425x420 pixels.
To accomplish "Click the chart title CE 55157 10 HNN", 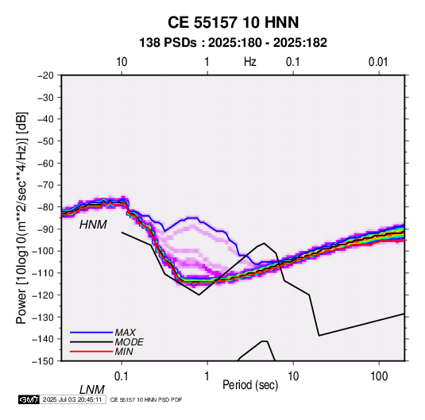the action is tap(233, 22).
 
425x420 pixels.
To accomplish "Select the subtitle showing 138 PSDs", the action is tap(233, 43).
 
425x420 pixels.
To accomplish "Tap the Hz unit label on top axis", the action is tap(250, 62).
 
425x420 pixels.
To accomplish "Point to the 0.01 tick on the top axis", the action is tap(378, 62).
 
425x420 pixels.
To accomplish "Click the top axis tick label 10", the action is tap(122, 62).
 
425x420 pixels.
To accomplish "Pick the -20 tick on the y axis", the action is tap(45, 75).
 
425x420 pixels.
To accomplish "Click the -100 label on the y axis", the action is tap(44, 251).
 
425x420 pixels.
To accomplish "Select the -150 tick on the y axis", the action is tap(44, 361).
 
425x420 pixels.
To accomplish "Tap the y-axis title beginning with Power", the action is tap(21, 218).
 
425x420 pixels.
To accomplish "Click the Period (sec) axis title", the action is tap(250, 385).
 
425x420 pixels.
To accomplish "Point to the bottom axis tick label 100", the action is tap(379, 376).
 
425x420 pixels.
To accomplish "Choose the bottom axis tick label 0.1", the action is tap(122, 376).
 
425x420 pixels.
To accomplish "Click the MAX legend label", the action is tap(126, 333).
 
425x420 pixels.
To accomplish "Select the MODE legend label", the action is tap(129, 342).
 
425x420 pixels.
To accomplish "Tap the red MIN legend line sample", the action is tap(91, 352).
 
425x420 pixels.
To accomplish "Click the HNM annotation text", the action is tap(93, 225).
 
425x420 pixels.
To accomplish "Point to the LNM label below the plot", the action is tap(92, 390).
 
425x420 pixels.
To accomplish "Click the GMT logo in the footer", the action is tap(29, 399).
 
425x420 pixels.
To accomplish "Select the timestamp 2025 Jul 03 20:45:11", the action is tap(72, 399).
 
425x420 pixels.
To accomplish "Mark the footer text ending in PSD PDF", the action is tap(146, 399).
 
